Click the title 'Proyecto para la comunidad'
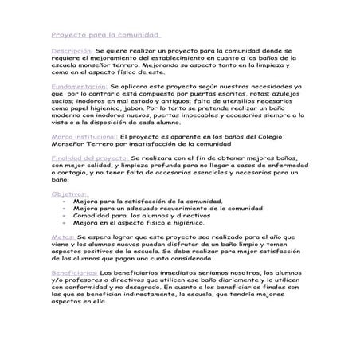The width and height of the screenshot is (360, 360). pos(104,35)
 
